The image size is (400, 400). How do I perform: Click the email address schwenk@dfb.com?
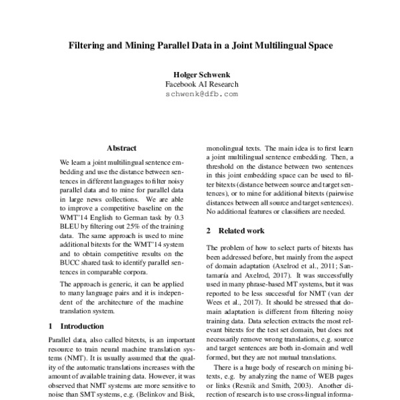[x=200, y=95]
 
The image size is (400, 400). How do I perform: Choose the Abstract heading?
[x=121, y=147]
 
